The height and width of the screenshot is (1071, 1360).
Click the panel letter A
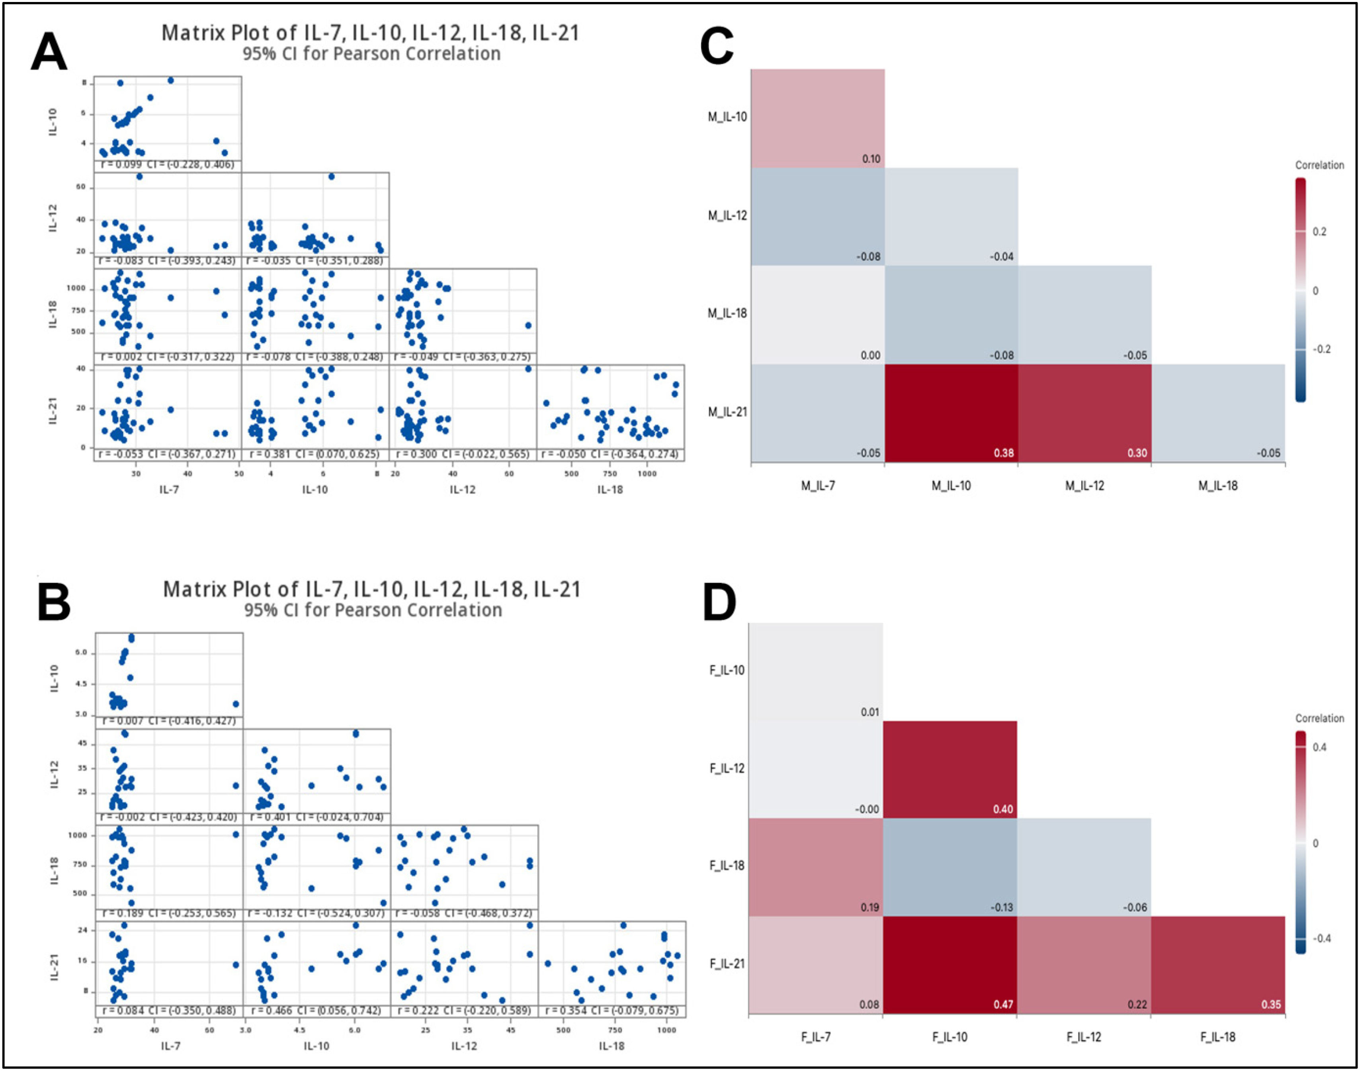click(x=49, y=53)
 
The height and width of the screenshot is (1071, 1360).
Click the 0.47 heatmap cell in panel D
click(x=950, y=964)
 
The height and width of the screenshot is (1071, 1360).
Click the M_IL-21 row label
click(x=727, y=412)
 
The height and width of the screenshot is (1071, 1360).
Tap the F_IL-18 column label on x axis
click(x=1217, y=1037)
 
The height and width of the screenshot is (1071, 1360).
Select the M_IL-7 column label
click(x=818, y=485)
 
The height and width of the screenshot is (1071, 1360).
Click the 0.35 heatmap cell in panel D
click(x=1217, y=964)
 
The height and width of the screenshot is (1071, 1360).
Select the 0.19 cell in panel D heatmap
click(x=816, y=867)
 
